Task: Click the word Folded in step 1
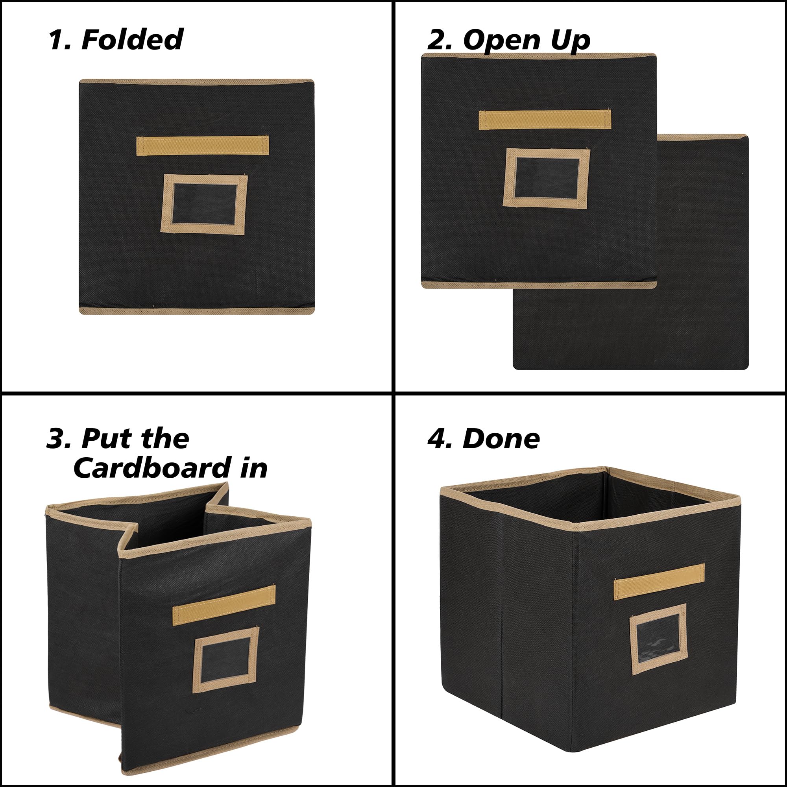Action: click(132, 39)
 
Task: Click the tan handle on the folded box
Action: click(202, 146)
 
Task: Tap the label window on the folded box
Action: click(204, 205)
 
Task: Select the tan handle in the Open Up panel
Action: click(545, 120)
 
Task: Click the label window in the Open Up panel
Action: click(546, 178)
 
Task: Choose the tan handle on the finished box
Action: click(659, 581)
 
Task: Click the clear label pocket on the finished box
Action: click(659, 639)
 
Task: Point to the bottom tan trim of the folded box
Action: click(197, 311)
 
